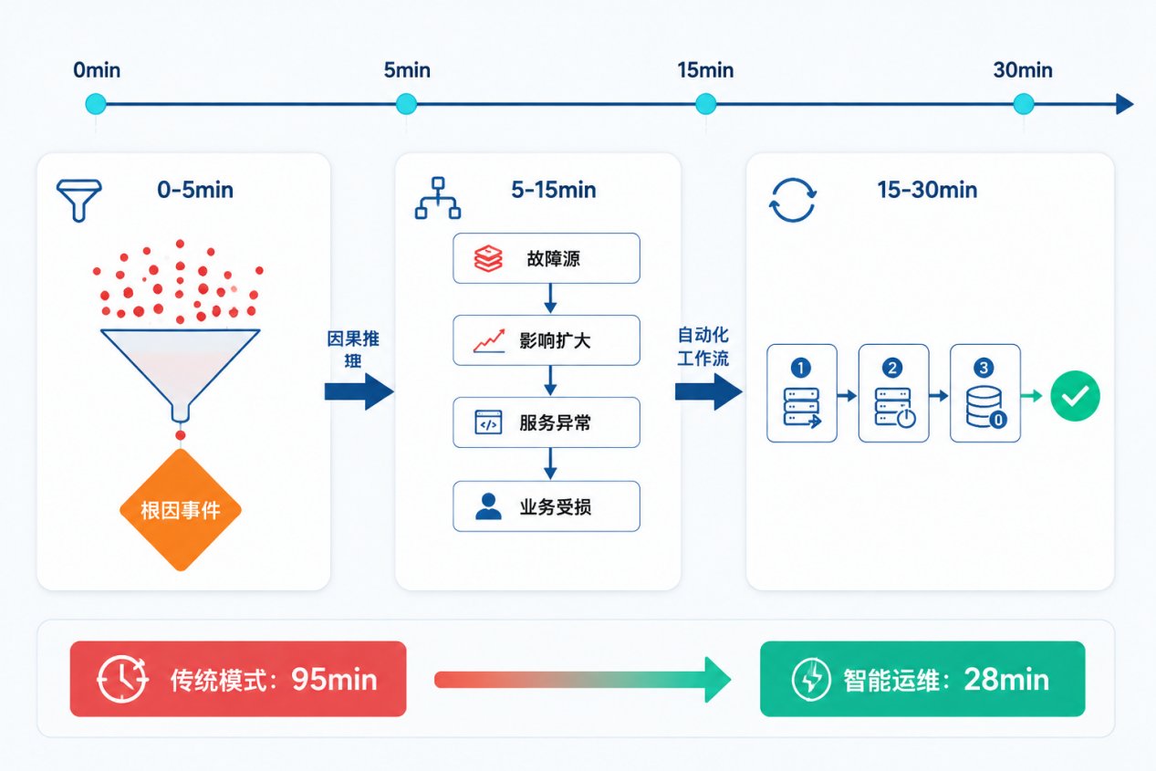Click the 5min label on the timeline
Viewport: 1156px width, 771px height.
click(407, 70)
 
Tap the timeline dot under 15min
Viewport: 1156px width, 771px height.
click(705, 104)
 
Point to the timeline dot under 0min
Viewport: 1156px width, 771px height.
click(96, 104)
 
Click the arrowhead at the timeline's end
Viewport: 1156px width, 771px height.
click(1124, 104)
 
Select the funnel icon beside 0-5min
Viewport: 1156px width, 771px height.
click(79, 200)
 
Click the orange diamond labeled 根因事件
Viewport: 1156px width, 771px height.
click(181, 510)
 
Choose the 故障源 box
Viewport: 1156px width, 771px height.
click(547, 258)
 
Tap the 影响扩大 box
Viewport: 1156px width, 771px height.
click(547, 340)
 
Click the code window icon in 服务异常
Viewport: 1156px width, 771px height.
click(488, 422)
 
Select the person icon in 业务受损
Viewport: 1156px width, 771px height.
click(488, 506)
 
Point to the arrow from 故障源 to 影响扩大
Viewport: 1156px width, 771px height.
click(550, 298)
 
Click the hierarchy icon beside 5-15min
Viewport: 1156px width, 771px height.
click(438, 198)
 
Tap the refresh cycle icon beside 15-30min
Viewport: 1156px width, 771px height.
click(793, 200)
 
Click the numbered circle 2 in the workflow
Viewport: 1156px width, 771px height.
click(892, 368)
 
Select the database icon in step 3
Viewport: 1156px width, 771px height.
click(985, 408)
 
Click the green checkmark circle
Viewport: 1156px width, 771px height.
click(1076, 396)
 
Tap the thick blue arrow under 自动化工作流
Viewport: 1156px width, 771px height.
click(709, 392)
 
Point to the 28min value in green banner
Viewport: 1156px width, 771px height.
click(1006, 679)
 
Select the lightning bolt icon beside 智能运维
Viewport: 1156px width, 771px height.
click(811, 679)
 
